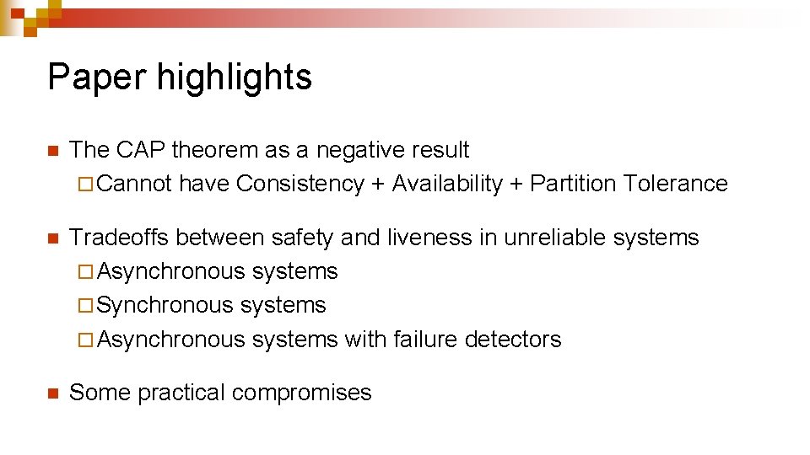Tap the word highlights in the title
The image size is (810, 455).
[x=235, y=77]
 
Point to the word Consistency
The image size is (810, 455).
[x=300, y=184]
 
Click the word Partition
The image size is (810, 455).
[x=570, y=184]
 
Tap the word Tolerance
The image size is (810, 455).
[x=675, y=184]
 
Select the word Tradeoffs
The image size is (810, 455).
[x=120, y=238]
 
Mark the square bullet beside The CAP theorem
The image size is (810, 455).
[x=51, y=151]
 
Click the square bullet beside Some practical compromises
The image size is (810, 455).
[x=51, y=393]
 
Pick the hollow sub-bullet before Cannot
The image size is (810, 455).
[x=82, y=185]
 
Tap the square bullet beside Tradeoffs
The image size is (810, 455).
[x=51, y=238]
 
